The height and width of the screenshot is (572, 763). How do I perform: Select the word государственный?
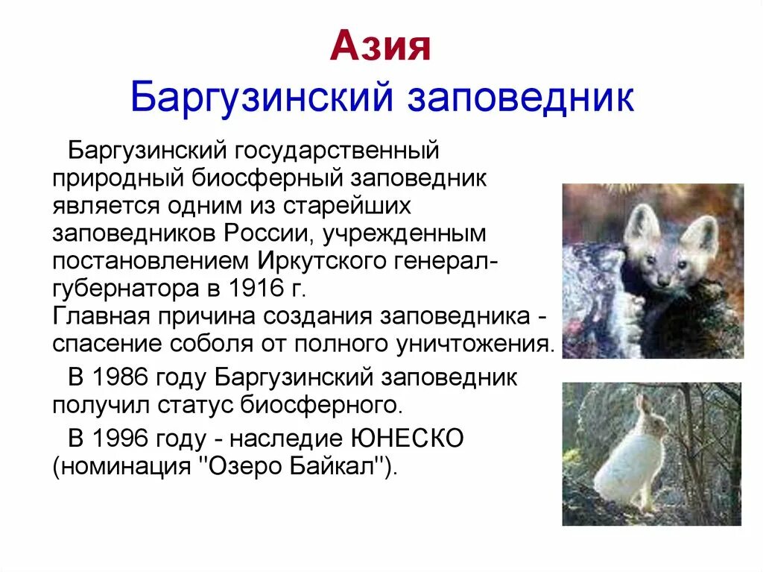[x=335, y=152]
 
